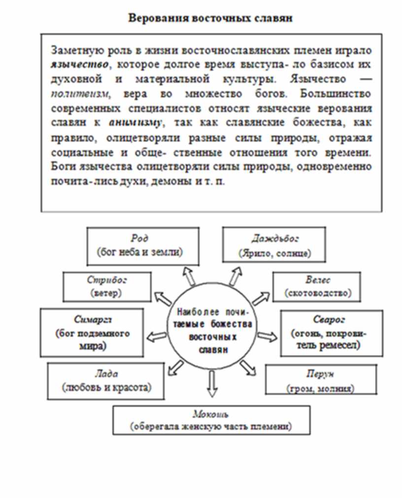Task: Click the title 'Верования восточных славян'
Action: (x=210, y=19)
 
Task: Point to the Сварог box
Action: (x=331, y=332)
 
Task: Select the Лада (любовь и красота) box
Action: (x=106, y=381)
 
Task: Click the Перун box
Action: (x=321, y=380)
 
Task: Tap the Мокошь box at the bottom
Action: (x=211, y=420)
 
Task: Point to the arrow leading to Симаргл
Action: (x=158, y=336)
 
